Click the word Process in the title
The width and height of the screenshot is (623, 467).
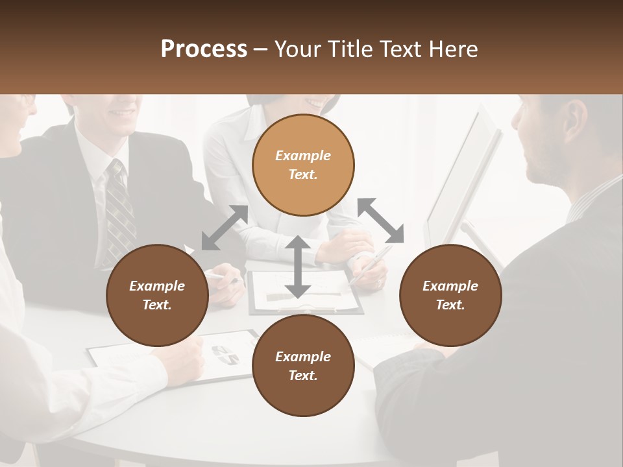[204, 49]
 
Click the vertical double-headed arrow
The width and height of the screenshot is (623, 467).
[297, 266]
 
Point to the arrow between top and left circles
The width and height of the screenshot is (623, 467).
[225, 227]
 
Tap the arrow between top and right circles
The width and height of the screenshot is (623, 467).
[381, 221]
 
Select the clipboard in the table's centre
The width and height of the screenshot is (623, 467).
[305, 292]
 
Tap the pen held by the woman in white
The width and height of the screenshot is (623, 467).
[370, 266]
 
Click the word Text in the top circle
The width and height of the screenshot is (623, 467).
[302, 174]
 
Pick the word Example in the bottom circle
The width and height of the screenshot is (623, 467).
[303, 356]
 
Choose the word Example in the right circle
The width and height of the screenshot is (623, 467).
[450, 286]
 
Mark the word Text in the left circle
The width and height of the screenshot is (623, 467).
[157, 305]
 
